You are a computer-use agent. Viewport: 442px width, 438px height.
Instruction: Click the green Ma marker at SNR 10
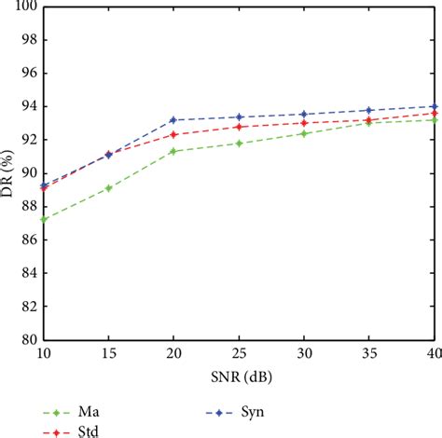(44, 219)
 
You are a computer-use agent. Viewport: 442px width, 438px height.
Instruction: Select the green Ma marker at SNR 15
(109, 187)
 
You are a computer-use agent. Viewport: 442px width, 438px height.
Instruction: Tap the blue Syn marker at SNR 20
(173, 119)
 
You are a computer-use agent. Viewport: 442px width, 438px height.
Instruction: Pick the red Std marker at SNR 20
(173, 134)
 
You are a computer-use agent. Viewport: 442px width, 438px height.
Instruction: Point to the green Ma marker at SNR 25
(239, 143)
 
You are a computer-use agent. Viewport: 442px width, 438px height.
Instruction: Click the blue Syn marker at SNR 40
(434, 106)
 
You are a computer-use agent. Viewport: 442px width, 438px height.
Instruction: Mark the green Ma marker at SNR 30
(304, 133)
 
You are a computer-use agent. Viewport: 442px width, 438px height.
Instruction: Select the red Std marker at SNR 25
(239, 127)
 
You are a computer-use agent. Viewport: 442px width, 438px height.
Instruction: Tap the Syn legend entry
(239, 410)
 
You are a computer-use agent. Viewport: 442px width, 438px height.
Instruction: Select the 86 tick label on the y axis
(29, 240)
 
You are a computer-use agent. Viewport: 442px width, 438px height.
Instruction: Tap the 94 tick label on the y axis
(29, 106)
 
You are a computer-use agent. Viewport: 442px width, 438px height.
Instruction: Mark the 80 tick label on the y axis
(29, 340)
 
